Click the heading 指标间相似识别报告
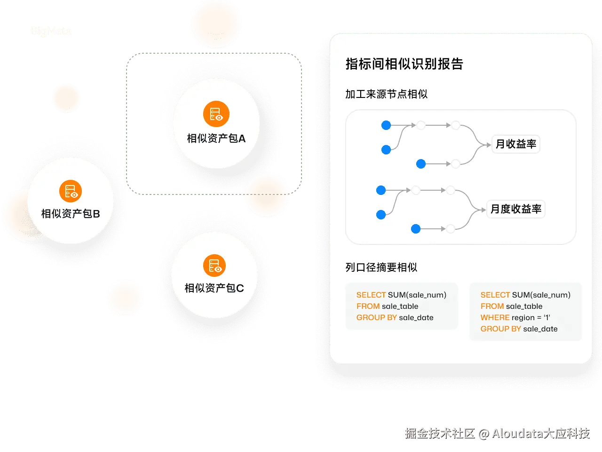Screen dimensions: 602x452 [x=404, y=64]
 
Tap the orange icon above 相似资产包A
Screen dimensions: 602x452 [x=216, y=114]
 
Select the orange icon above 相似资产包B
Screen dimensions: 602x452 [x=71, y=191]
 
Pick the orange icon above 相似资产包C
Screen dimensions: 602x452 [x=214, y=266]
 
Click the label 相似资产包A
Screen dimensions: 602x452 [x=216, y=138]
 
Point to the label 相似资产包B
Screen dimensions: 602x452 [x=71, y=214]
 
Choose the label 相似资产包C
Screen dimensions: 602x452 [x=214, y=288]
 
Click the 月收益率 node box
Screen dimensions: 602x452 [x=516, y=144]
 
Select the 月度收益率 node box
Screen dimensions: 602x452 [x=516, y=209]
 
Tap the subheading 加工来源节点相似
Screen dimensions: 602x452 [x=386, y=94]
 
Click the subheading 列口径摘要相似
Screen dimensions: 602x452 [x=381, y=267]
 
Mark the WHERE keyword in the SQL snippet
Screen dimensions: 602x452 [x=495, y=318]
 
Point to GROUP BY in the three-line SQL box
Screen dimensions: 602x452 [x=376, y=318]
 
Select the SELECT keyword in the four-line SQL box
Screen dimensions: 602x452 [x=495, y=295]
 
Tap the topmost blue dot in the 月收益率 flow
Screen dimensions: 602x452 [x=386, y=125]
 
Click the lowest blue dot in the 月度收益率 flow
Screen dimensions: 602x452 [x=416, y=229]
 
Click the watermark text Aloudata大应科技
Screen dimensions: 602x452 [x=541, y=433]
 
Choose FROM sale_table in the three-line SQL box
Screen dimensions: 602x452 [x=387, y=307]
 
